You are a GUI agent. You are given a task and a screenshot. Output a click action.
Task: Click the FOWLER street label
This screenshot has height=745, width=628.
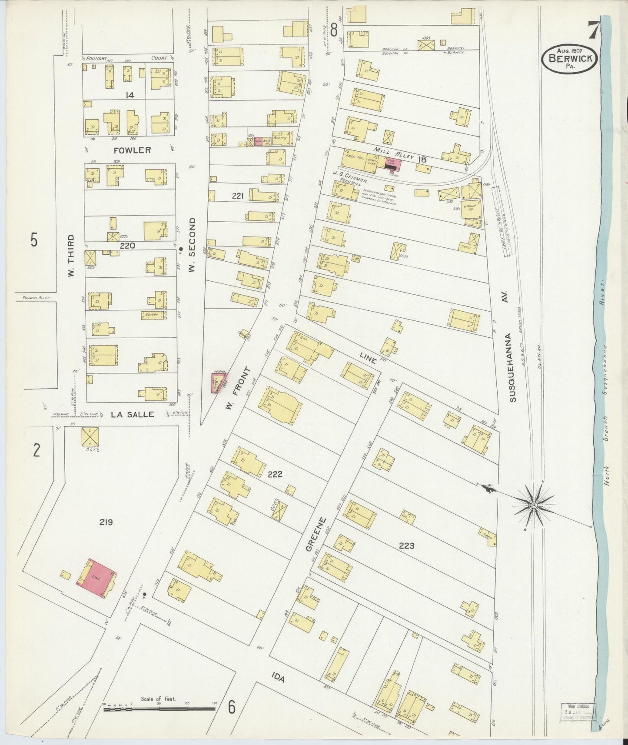point(132,150)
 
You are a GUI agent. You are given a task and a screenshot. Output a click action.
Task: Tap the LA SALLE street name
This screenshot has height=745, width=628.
point(133,414)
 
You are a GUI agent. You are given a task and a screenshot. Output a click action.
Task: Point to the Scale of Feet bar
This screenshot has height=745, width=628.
point(159,708)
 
